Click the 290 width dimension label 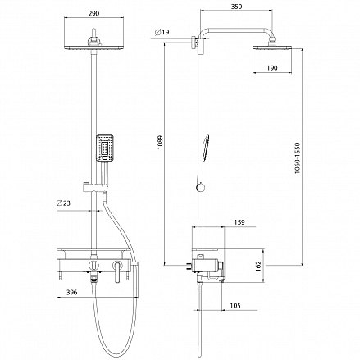click(93, 13)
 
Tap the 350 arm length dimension click(236, 7)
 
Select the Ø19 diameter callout click(162, 32)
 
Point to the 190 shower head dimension click(272, 68)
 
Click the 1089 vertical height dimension click(161, 142)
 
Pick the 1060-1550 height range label click(298, 157)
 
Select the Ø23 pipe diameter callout click(63, 203)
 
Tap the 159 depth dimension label click(239, 222)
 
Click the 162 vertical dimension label click(258, 266)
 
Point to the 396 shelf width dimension click(72, 292)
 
